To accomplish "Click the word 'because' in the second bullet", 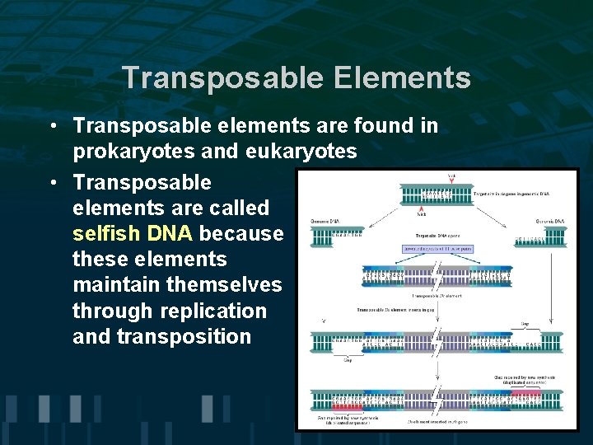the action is (x=241, y=233).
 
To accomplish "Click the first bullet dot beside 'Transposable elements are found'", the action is (x=52, y=127).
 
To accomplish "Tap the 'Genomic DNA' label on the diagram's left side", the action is (x=325, y=222).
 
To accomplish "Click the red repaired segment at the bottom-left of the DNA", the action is (x=348, y=407).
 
